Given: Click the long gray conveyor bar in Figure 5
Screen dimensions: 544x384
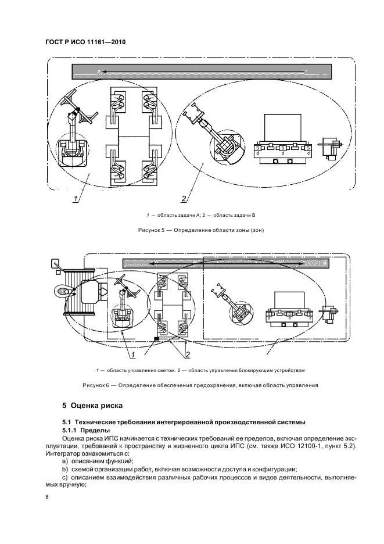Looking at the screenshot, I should [x=201, y=71].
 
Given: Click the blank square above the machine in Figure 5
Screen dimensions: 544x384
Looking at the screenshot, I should [x=283, y=127].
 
